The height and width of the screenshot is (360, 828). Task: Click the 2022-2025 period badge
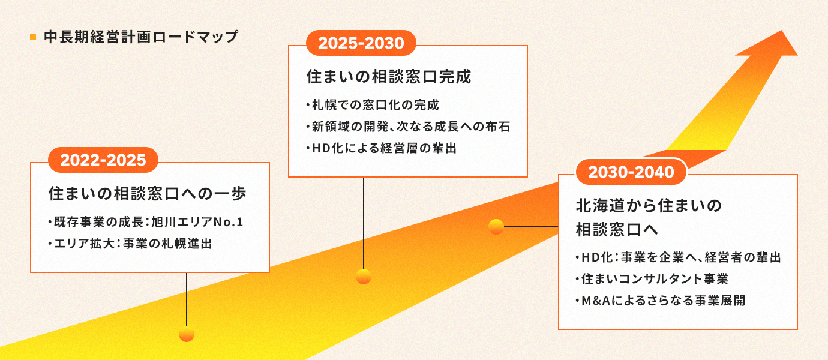(x=103, y=160)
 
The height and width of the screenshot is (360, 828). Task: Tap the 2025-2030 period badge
(x=361, y=43)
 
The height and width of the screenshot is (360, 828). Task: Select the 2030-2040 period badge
(x=631, y=172)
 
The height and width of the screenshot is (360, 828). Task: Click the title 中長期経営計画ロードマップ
(x=141, y=37)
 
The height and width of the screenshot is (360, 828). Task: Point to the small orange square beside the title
(x=33, y=37)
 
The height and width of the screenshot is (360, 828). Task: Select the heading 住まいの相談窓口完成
(x=389, y=77)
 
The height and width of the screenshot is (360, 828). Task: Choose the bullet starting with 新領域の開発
(x=408, y=127)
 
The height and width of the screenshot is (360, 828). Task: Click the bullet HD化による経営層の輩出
(x=381, y=148)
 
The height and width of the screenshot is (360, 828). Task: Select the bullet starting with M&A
(x=659, y=300)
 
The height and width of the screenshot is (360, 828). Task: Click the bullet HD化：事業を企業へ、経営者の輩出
(x=677, y=257)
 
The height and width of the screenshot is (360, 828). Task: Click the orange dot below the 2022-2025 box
(x=187, y=334)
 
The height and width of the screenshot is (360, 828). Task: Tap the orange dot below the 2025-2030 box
(x=363, y=277)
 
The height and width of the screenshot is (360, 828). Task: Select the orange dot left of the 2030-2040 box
(x=496, y=227)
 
